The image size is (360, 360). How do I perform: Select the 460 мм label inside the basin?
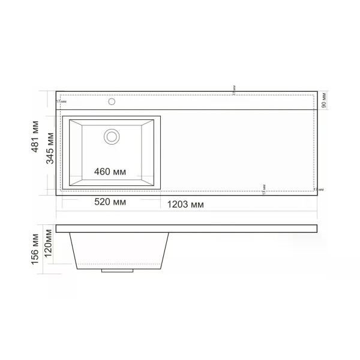pos(110,172)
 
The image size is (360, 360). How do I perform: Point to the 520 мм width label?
pos(110,203)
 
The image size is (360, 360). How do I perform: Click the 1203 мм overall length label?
pos(184,204)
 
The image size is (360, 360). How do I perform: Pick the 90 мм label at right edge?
pos(324,100)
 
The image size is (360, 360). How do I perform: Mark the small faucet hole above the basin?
pos(112,101)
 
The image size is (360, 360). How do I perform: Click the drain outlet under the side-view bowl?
pos(116,270)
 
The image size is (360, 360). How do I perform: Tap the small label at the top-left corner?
pos(61,101)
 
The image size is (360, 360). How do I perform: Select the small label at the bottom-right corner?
pos(319,190)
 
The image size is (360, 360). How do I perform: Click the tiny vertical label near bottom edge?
pos(264,189)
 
